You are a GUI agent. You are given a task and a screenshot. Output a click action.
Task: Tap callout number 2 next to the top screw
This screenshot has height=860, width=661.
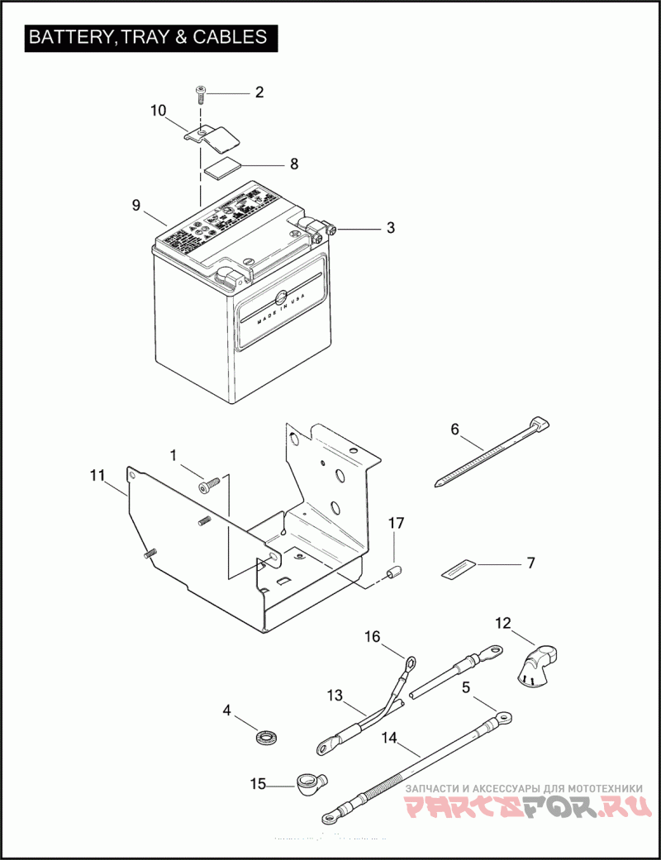(x=259, y=93)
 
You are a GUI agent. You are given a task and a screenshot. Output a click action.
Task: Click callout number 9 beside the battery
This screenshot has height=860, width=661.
(x=136, y=205)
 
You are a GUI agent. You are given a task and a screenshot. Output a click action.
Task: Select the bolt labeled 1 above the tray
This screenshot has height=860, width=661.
(x=208, y=486)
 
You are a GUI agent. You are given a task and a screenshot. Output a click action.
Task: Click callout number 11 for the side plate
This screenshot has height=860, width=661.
(x=97, y=475)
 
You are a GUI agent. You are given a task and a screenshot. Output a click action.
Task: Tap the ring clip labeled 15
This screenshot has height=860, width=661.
(x=310, y=779)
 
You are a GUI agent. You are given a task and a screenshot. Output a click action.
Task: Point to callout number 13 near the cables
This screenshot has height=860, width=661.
(x=334, y=696)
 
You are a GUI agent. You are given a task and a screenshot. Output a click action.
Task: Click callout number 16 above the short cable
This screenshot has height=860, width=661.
(x=373, y=636)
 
